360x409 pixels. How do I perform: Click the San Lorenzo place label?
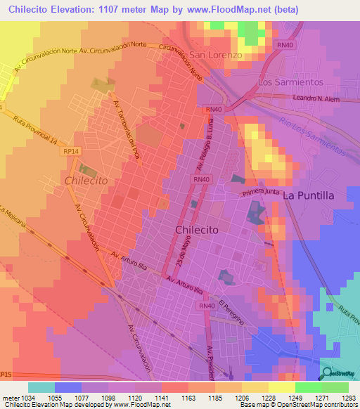tap(216, 55)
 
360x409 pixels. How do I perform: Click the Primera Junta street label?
tap(261, 192)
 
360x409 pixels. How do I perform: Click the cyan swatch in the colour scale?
tap(41, 387)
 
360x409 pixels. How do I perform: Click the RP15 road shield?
tap(6, 373)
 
